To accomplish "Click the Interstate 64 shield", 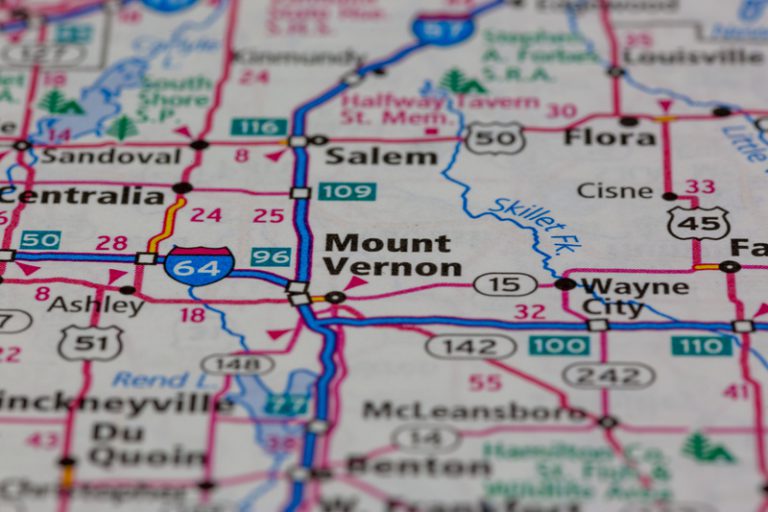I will [199, 265].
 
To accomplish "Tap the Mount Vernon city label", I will [392, 255].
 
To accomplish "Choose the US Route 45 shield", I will [698, 222].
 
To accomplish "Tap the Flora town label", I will [610, 137].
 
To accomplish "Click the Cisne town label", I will [615, 190].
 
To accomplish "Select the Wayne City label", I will [634, 297].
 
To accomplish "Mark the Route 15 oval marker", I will [505, 285].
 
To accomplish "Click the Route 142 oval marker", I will [470, 347].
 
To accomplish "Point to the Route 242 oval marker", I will [608, 375].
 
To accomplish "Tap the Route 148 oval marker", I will [237, 364].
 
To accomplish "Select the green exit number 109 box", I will [347, 191].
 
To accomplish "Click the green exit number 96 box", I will [271, 257].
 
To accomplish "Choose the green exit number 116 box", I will [258, 127].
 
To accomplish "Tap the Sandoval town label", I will [110, 156].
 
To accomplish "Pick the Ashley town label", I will [95, 305].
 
